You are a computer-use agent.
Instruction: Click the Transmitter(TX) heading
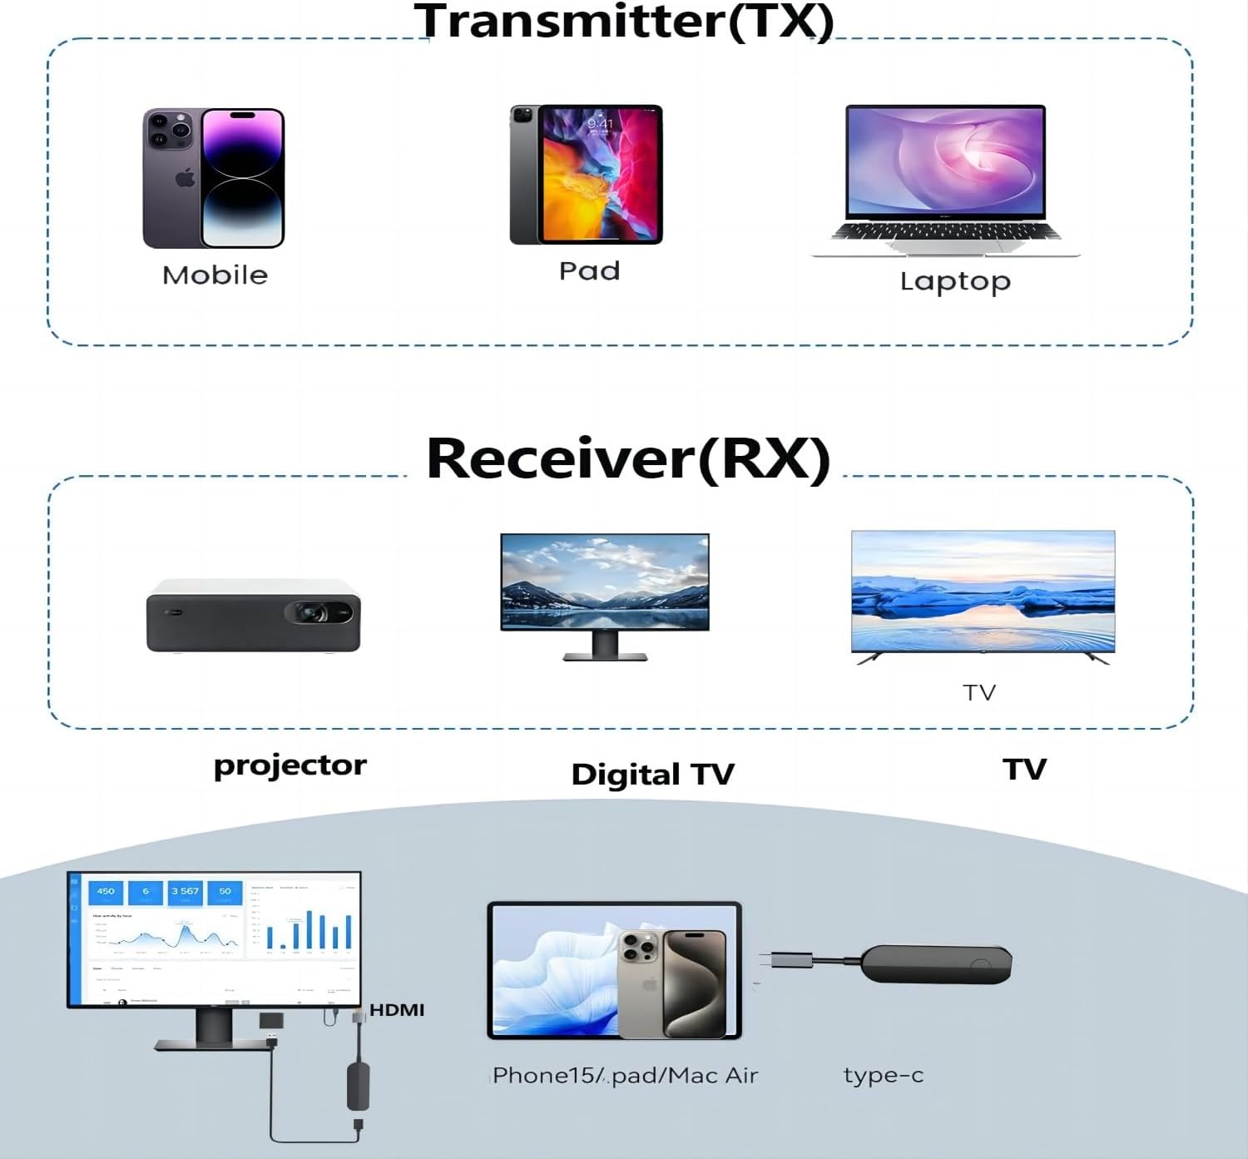624,22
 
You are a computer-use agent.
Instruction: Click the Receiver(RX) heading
628,458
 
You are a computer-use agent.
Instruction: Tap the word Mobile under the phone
215,275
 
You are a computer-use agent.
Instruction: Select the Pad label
589,271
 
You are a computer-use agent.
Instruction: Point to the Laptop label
955,282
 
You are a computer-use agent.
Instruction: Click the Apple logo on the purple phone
185,177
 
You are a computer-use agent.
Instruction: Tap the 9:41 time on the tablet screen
600,124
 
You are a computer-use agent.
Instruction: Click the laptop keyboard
945,231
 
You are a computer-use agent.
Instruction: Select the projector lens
314,613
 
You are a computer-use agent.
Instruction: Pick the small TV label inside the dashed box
979,692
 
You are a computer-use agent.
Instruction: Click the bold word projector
290,765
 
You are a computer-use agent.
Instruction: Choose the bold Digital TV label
652,775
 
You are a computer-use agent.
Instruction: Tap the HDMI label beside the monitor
397,1010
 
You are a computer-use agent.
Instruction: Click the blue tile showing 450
106,892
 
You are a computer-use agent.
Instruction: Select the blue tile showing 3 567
185,892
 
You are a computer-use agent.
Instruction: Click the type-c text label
883,1075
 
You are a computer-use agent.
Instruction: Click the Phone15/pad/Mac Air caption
625,1076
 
